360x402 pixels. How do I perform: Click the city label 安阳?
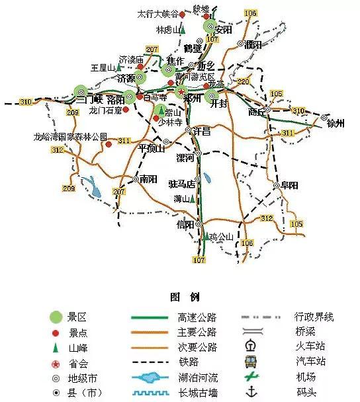(x=224, y=30)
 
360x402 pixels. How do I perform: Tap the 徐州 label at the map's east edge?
(x=336, y=124)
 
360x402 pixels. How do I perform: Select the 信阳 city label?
(x=186, y=225)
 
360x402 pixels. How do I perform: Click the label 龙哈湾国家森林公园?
(x=71, y=137)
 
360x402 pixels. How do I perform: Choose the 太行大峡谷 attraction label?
(x=157, y=13)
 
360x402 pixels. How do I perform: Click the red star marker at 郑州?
(x=181, y=92)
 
